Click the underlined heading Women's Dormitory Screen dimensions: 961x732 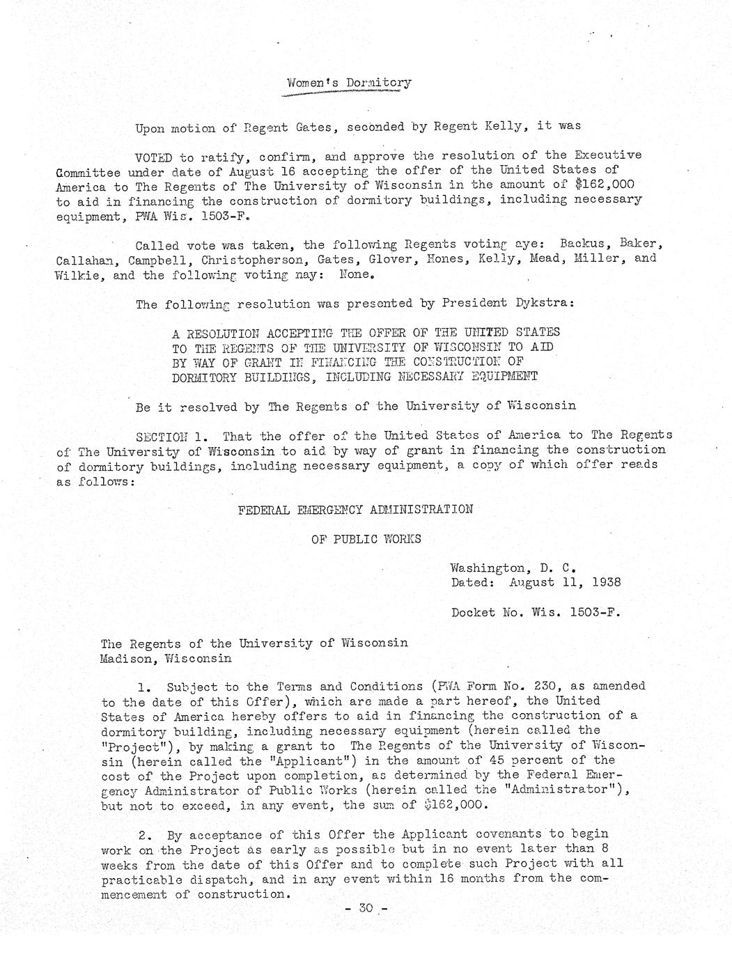pyautogui.click(x=349, y=84)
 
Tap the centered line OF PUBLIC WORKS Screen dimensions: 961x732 pyautogui.click(x=366, y=539)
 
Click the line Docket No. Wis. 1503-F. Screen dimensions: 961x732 pyautogui.click(x=536, y=613)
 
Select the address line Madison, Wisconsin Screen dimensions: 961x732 pyautogui.click(x=166, y=658)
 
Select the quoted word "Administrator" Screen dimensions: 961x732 pyautogui.click(x=566, y=790)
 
